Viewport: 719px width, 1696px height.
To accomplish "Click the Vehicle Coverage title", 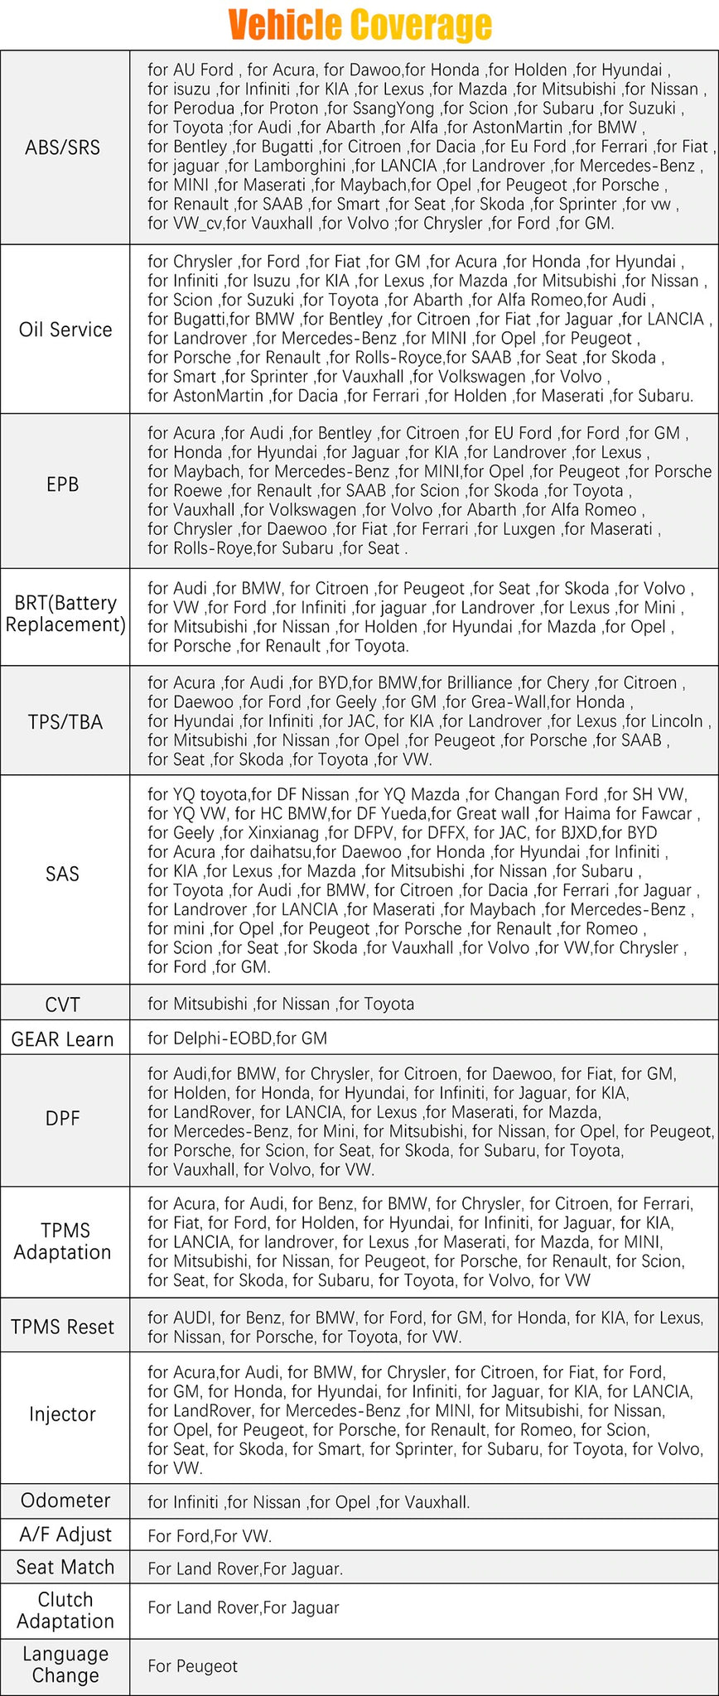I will tap(359, 25).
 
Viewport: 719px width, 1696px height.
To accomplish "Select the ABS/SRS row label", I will tap(63, 147).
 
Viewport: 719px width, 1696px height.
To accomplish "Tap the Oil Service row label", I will tap(65, 330).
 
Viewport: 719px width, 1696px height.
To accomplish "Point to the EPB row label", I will tap(63, 484).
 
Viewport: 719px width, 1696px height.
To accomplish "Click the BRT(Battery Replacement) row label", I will tap(65, 614).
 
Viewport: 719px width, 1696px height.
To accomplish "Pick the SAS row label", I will tap(63, 874).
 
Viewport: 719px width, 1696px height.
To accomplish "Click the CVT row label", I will tap(63, 1005).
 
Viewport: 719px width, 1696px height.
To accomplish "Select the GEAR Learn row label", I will tap(63, 1039).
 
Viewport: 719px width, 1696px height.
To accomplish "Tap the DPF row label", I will tap(63, 1119).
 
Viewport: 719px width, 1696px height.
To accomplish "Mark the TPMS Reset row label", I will tap(63, 1327).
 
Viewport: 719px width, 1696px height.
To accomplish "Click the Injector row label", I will tap(63, 1414).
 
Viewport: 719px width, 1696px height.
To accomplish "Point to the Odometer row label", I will tap(65, 1501).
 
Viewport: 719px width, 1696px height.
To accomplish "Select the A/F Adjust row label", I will tap(65, 1535).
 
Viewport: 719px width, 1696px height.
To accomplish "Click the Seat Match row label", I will tap(65, 1567).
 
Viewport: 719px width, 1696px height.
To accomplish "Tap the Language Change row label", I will tap(65, 1665).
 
